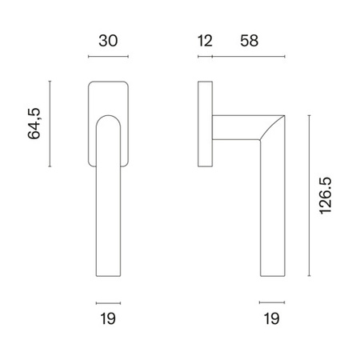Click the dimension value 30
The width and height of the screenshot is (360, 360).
click(x=108, y=41)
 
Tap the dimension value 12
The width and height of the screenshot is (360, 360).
click(x=205, y=41)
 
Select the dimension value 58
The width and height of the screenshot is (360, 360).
click(x=249, y=41)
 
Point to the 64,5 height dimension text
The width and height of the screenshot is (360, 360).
click(x=34, y=123)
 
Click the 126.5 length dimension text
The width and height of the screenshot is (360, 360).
click(x=326, y=195)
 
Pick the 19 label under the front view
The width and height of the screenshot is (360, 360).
click(x=108, y=318)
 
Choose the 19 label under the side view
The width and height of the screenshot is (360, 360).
click(x=271, y=318)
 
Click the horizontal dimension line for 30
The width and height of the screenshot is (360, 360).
click(x=108, y=57)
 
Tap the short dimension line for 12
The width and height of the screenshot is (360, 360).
click(x=205, y=57)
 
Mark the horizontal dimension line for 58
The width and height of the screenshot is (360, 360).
click(x=249, y=57)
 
